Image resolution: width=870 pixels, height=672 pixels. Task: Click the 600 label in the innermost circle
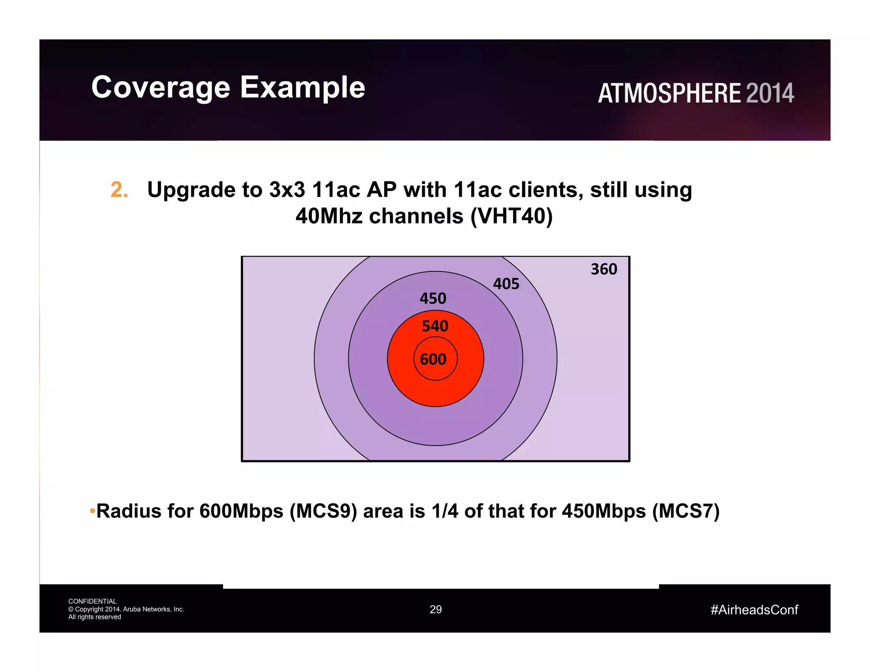pyautogui.click(x=433, y=359)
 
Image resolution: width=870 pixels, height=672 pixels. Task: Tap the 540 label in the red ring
pyautogui.click(x=435, y=326)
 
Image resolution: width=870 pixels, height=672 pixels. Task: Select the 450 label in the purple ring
pyautogui.click(x=433, y=298)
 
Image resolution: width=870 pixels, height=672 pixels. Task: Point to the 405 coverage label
pyautogui.click(x=506, y=284)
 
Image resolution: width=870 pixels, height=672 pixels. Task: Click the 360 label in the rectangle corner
pyautogui.click(x=604, y=269)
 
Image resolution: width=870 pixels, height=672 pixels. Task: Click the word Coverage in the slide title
pyautogui.click(x=161, y=88)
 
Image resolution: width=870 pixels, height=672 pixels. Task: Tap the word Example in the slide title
pyautogui.click(x=302, y=88)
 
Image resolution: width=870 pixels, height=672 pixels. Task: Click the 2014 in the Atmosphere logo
pyautogui.click(x=769, y=93)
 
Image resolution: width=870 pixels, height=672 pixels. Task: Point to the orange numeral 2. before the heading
pyautogui.click(x=119, y=189)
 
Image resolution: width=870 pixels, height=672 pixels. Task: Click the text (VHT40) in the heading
pyautogui.click(x=511, y=216)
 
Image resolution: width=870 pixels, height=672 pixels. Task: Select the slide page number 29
pyautogui.click(x=435, y=610)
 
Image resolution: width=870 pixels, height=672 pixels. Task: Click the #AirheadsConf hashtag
pyautogui.click(x=754, y=610)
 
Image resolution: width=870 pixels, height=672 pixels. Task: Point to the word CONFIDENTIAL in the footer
pyautogui.click(x=92, y=601)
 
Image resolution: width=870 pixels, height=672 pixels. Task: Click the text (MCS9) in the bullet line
pyautogui.click(x=323, y=511)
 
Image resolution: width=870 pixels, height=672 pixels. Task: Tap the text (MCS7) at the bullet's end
pyautogui.click(x=686, y=511)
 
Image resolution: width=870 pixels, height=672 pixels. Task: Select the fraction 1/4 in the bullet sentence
pyautogui.click(x=444, y=511)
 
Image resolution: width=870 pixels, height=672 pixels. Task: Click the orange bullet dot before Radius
pyautogui.click(x=92, y=511)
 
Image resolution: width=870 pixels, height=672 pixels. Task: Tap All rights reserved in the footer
pyautogui.click(x=94, y=617)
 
